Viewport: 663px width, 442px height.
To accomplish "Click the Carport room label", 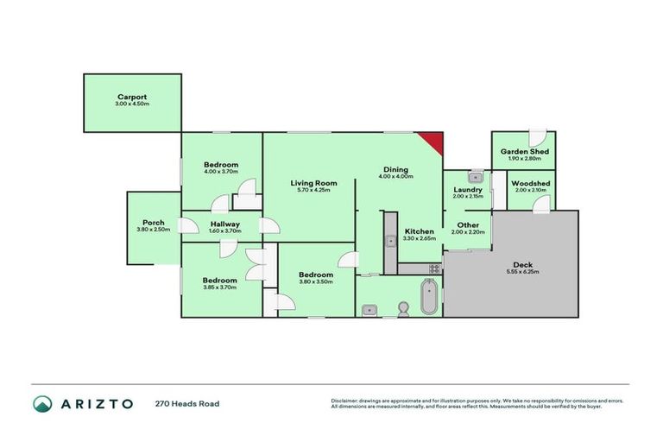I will pos(132,98).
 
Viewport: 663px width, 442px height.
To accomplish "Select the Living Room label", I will pos(313,183).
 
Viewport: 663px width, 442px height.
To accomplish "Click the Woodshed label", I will pos(530,183).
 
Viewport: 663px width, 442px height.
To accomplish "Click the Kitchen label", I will pos(420,231).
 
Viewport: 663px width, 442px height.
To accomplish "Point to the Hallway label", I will pos(224,224).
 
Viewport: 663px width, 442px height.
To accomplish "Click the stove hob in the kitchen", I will pos(434,268).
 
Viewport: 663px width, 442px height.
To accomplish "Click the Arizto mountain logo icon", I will pos(43,403).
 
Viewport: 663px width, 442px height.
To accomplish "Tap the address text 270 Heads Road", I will pos(188,403).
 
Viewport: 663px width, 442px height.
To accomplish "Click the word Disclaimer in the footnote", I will pos(345,401).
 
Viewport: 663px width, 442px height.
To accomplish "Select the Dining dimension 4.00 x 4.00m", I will pos(395,177).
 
